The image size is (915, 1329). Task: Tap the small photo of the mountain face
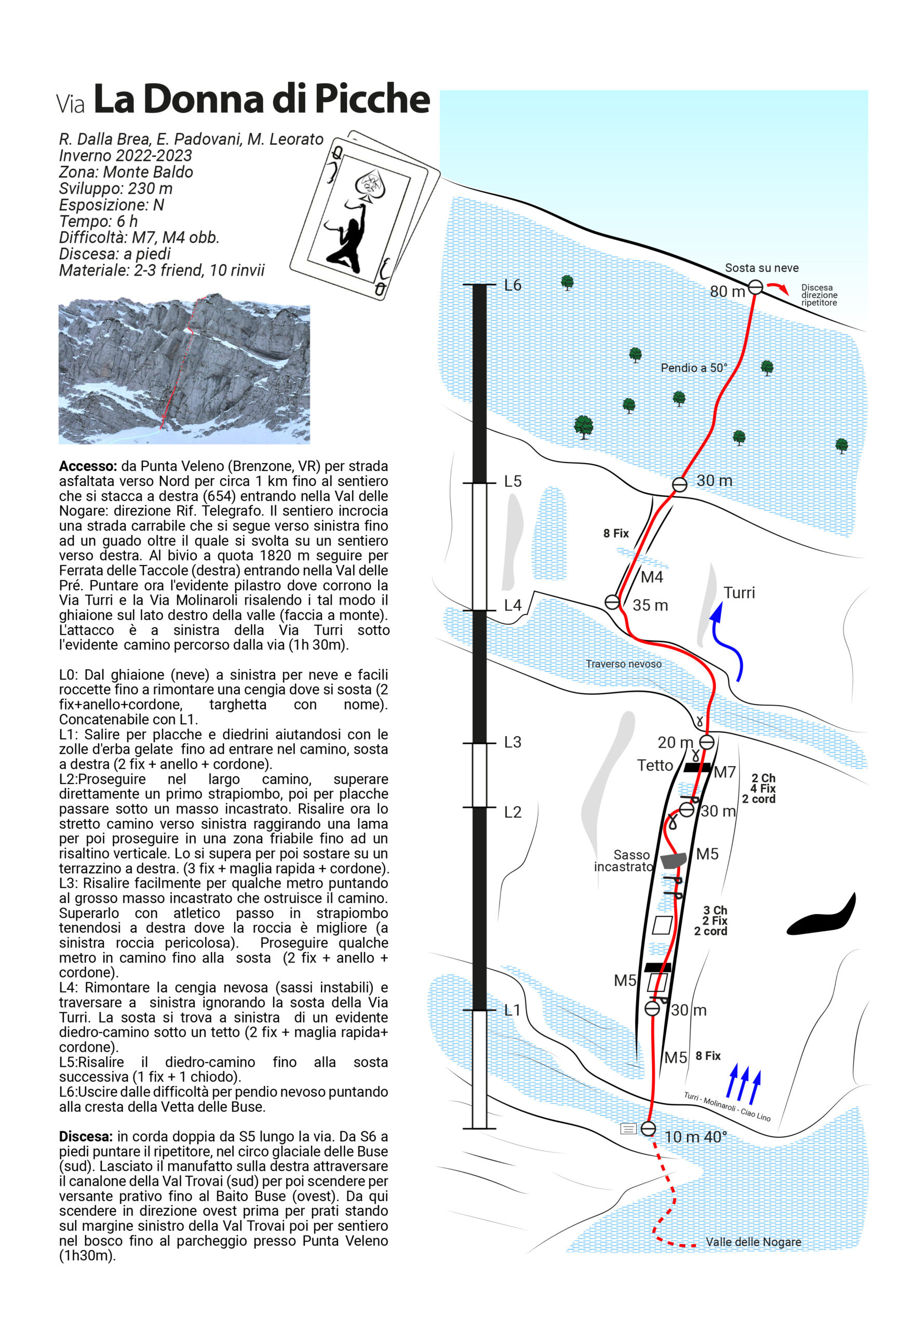point(184,369)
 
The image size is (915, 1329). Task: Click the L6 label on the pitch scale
point(513,285)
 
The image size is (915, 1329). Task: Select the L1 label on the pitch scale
point(513,1010)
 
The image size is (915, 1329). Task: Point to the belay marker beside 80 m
point(756,287)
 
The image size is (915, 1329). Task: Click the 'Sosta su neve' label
point(761,268)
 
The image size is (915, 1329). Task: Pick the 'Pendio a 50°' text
point(694,368)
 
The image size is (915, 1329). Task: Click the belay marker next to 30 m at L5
point(679,484)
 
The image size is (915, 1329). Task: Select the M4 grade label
point(652,577)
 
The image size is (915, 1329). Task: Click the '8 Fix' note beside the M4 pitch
point(616,534)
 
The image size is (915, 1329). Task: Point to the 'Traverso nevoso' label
point(623,664)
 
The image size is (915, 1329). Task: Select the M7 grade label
point(724,772)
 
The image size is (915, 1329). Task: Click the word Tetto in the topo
point(655,765)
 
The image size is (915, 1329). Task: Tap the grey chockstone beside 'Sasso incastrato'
point(673,860)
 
